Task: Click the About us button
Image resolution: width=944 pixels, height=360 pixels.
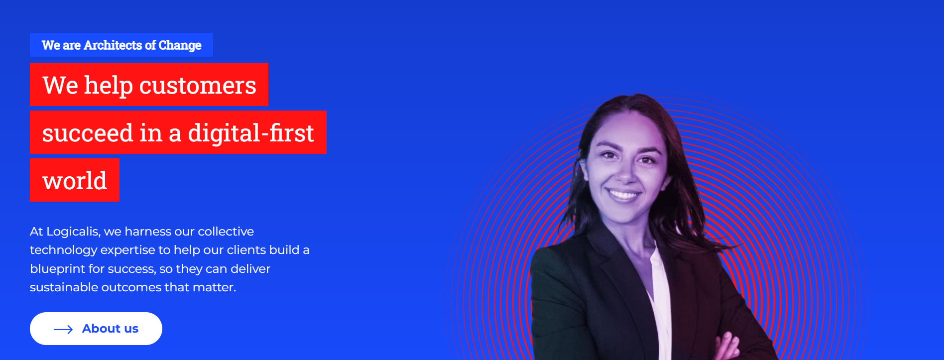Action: pyautogui.click(x=96, y=329)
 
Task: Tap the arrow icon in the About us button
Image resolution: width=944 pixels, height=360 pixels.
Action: pyautogui.click(x=63, y=329)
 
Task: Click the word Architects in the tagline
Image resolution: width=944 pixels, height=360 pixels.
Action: pyautogui.click(x=113, y=45)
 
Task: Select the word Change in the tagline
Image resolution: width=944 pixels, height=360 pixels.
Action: pyautogui.click(x=180, y=46)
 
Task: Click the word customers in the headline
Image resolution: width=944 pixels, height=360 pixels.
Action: pyautogui.click(x=198, y=86)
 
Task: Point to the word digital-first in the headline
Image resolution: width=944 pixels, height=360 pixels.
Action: pyautogui.click(x=251, y=133)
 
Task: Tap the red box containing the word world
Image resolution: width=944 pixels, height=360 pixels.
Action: pyautogui.click(x=75, y=180)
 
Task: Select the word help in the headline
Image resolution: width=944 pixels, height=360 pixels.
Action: pyautogui.click(x=109, y=86)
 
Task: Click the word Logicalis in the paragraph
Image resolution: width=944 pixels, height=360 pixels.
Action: pyautogui.click(x=73, y=232)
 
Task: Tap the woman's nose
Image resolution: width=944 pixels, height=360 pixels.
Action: pyautogui.click(x=626, y=172)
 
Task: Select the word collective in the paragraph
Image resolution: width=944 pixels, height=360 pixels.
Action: pyautogui.click(x=226, y=232)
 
